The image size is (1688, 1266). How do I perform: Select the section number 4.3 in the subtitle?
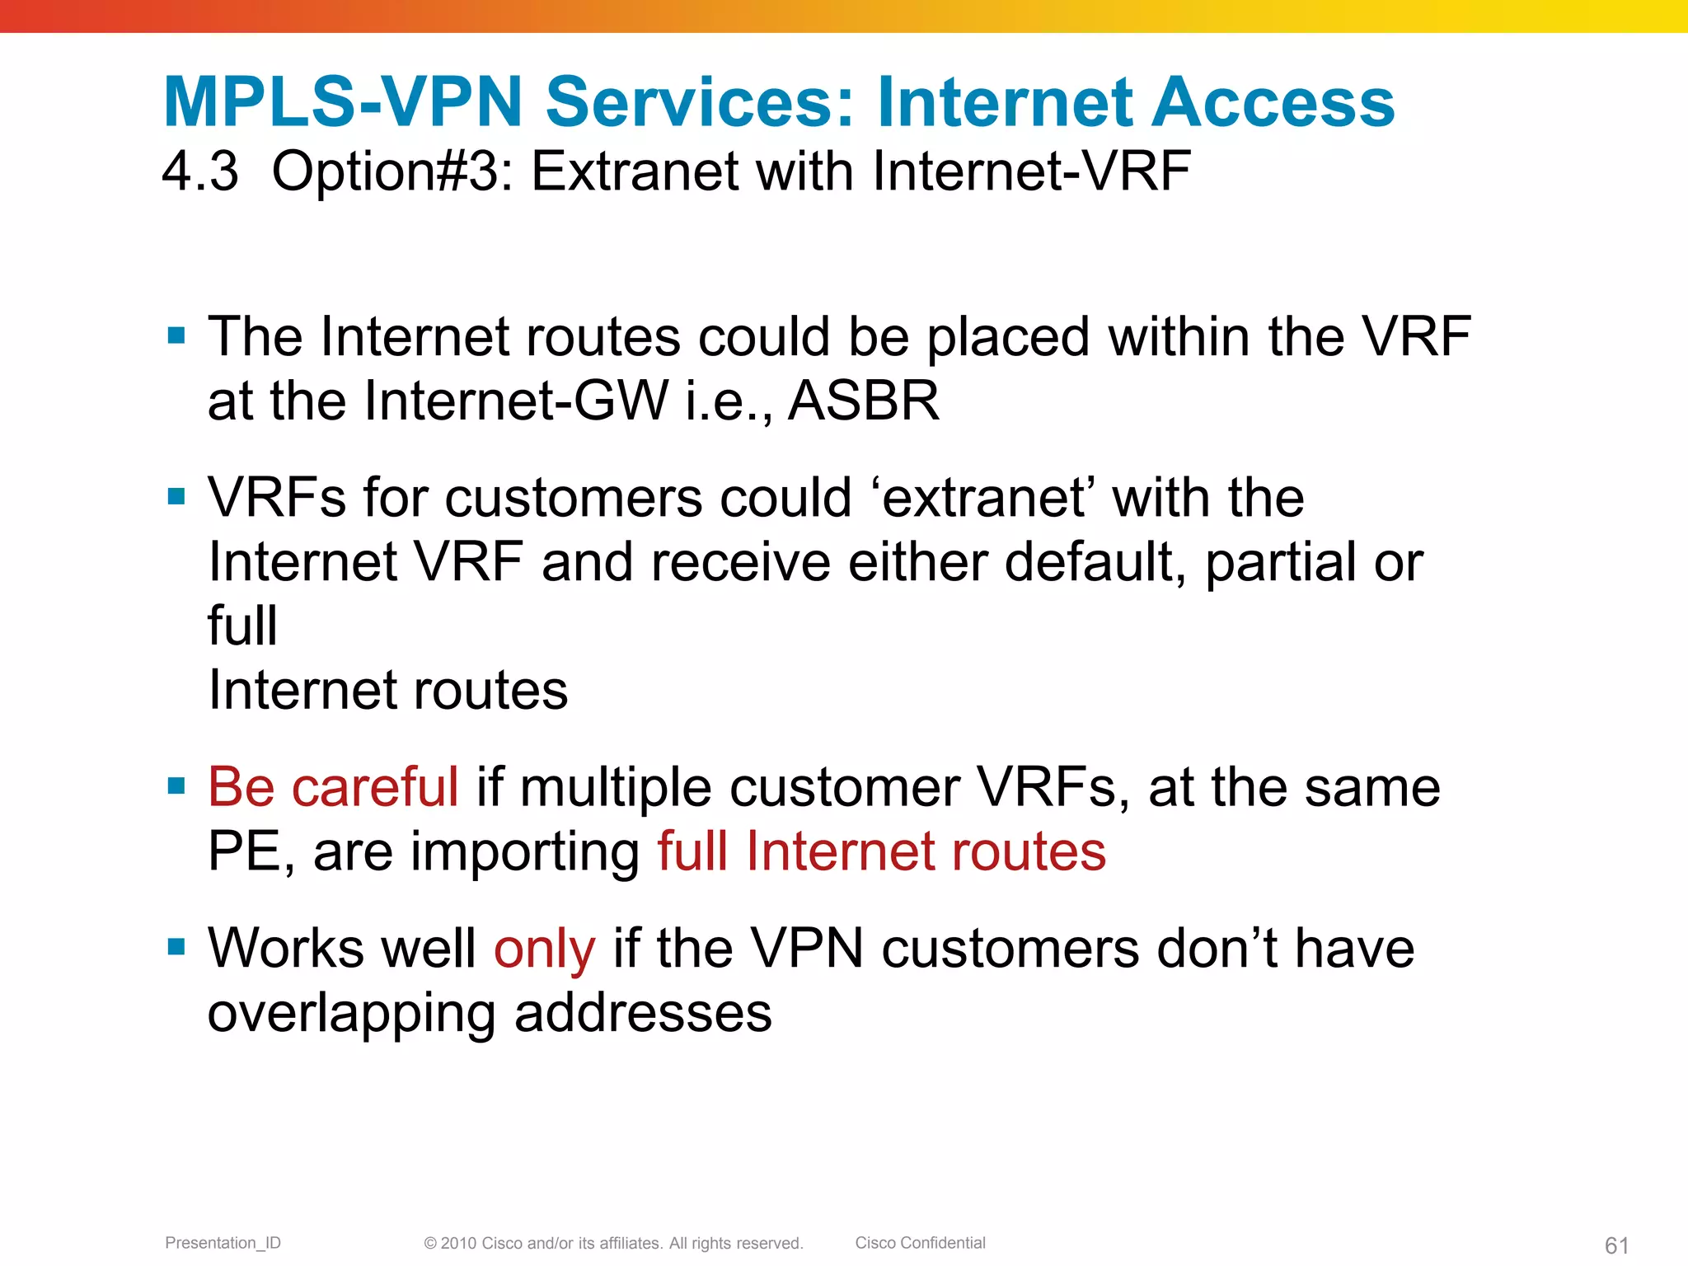click(x=200, y=171)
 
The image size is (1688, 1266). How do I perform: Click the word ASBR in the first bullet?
click(x=864, y=401)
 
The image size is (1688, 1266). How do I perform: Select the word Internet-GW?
click(x=515, y=401)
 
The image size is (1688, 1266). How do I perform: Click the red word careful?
click(x=375, y=786)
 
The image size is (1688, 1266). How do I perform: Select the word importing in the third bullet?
click(x=526, y=852)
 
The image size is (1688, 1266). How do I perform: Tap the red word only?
click(x=544, y=949)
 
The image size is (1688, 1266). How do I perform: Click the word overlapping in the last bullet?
click(x=351, y=1014)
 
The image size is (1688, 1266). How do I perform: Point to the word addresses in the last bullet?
click(x=643, y=1014)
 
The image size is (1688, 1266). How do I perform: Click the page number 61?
click(x=1616, y=1245)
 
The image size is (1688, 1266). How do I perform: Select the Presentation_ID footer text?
click(x=223, y=1243)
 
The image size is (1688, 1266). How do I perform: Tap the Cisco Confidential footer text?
click(x=920, y=1243)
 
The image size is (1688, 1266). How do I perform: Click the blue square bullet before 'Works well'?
click(x=176, y=946)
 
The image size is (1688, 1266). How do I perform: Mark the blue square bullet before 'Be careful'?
click(x=176, y=785)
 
